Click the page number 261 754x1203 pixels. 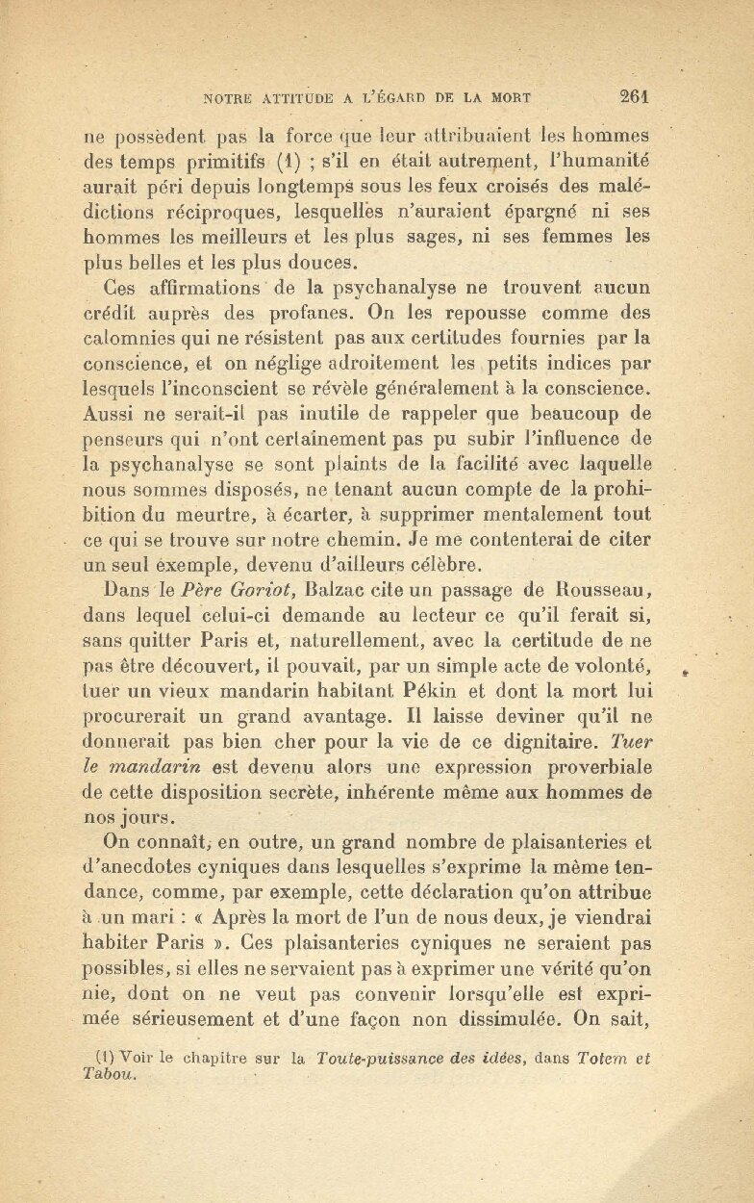[x=636, y=95]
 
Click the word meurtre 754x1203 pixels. [x=198, y=514]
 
